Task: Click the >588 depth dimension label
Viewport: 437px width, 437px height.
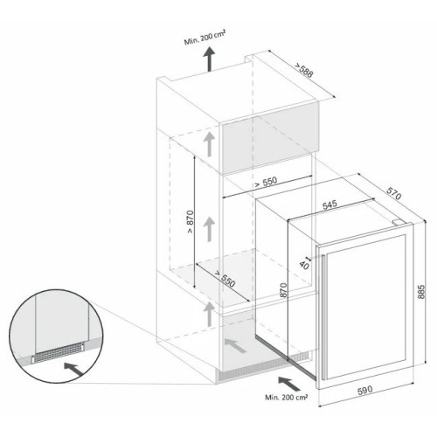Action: (x=304, y=70)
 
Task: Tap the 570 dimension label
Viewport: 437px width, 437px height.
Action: (x=394, y=193)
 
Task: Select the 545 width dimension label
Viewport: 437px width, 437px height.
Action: (x=329, y=205)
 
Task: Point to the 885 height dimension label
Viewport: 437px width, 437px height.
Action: (x=421, y=292)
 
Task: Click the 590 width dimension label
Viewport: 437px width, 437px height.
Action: (x=364, y=390)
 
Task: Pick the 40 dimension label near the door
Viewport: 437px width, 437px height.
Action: (x=304, y=265)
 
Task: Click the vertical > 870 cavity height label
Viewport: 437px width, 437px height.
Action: (x=190, y=221)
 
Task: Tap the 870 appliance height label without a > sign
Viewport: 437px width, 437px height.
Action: (x=283, y=290)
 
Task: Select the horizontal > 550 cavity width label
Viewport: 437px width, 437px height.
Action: (x=266, y=182)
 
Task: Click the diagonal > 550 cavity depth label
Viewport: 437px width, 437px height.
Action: (x=225, y=279)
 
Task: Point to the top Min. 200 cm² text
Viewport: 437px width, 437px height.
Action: (x=205, y=38)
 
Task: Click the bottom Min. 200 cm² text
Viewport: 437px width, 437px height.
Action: (x=287, y=397)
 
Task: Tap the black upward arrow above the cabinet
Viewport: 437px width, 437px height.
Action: (x=209, y=59)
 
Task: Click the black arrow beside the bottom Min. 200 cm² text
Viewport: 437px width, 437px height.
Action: (x=289, y=384)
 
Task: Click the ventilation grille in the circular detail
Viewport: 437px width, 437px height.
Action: (x=58, y=352)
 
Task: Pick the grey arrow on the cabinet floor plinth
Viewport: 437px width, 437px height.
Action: (x=235, y=345)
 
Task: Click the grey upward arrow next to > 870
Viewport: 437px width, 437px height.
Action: (x=209, y=230)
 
